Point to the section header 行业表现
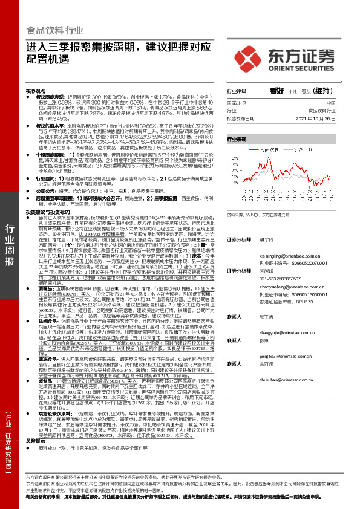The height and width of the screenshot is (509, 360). tap(237, 138)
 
